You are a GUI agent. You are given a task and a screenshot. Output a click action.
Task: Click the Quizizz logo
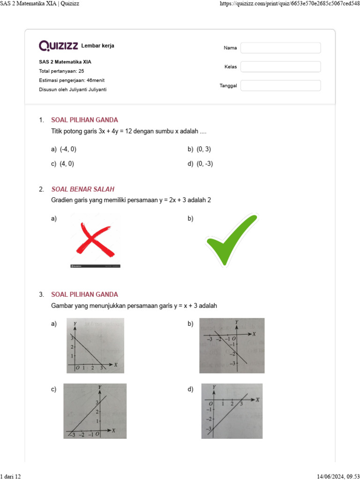click(x=59, y=45)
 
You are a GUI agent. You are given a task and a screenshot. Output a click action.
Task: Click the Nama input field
click(x=280, y=48)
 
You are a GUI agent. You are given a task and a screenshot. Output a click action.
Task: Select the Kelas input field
click(x=280, y=67)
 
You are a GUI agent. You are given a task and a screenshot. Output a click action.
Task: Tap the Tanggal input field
click(x=280, y=85)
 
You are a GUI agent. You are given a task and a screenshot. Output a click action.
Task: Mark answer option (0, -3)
click(x=204, y=164)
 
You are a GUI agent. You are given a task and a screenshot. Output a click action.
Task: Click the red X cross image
click(x=95, y=240)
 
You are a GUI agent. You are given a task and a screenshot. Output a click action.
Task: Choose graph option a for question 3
click(x=95, y=345)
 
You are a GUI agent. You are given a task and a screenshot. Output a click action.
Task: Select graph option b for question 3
click(x=232, y=345)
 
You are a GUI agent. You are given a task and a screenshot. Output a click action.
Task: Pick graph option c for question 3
click(x=95, y=411)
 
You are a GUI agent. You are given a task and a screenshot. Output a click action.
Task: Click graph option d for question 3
click(x=232, y=411)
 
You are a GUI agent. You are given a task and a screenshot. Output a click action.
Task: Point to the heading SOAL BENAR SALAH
click(x=82, y=189)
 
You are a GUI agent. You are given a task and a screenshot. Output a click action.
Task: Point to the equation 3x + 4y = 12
click(x=115, y=131)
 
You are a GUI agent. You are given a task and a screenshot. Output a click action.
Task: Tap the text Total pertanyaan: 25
click(x=61, y=71)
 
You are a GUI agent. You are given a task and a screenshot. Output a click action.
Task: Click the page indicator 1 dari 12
click(x=11, y=476)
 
